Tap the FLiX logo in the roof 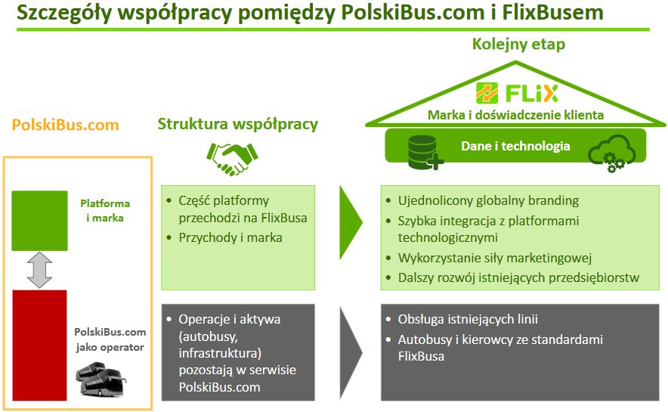coord(517,94)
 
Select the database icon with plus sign coord(423,152)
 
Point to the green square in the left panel coord(39,220)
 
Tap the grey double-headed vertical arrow coord(39,270)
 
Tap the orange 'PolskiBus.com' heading coord(65,125)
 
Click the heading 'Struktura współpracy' coord(237,124)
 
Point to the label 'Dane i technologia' coord(515,146)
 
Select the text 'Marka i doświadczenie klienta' coord(515,116)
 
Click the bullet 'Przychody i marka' coord(230,237)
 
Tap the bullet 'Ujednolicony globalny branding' coord(488,201)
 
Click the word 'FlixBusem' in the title coord(552,13)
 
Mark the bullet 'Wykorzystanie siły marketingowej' coord(494,259)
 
